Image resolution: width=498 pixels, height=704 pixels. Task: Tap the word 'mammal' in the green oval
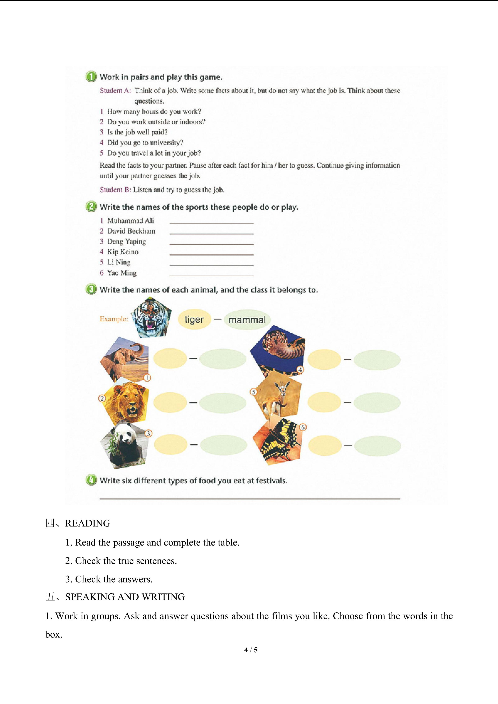pos(247,320)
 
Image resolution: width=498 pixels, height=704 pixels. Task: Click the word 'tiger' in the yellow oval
pos(194,319)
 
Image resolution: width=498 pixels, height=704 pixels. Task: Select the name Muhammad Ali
pos(130,220)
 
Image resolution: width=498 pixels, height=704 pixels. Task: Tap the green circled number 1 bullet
pos(91,77)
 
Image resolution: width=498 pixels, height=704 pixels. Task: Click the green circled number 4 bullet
pos(91,480)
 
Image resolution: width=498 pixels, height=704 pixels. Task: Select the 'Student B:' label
pos(115,190)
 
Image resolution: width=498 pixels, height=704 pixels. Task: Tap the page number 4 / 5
pos(251,649)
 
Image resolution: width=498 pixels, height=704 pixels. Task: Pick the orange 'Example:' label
pos(114,319)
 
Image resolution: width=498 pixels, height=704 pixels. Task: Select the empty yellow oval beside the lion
pos(170,402)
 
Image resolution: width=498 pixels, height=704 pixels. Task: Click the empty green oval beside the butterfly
pos(378,446)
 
